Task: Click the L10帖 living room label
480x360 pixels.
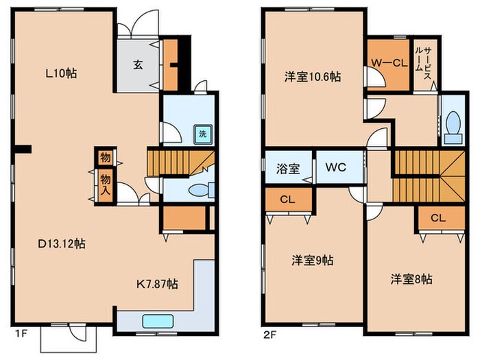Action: click(x=61, y=73)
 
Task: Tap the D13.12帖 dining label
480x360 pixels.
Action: click(x=61, y=243)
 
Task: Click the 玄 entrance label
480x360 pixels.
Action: click(x=137, y=65)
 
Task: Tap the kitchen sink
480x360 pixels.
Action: click(x=158, y=321)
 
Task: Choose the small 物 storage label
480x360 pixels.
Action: click(x=105, y=158)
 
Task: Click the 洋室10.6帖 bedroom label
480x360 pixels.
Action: click(x=312, y=77)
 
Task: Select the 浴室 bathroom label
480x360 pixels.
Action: click(x=287, y=167)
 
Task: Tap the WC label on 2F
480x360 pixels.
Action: click(x=335, y=167)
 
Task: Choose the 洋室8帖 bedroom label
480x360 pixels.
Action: click(x=411, y=279)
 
